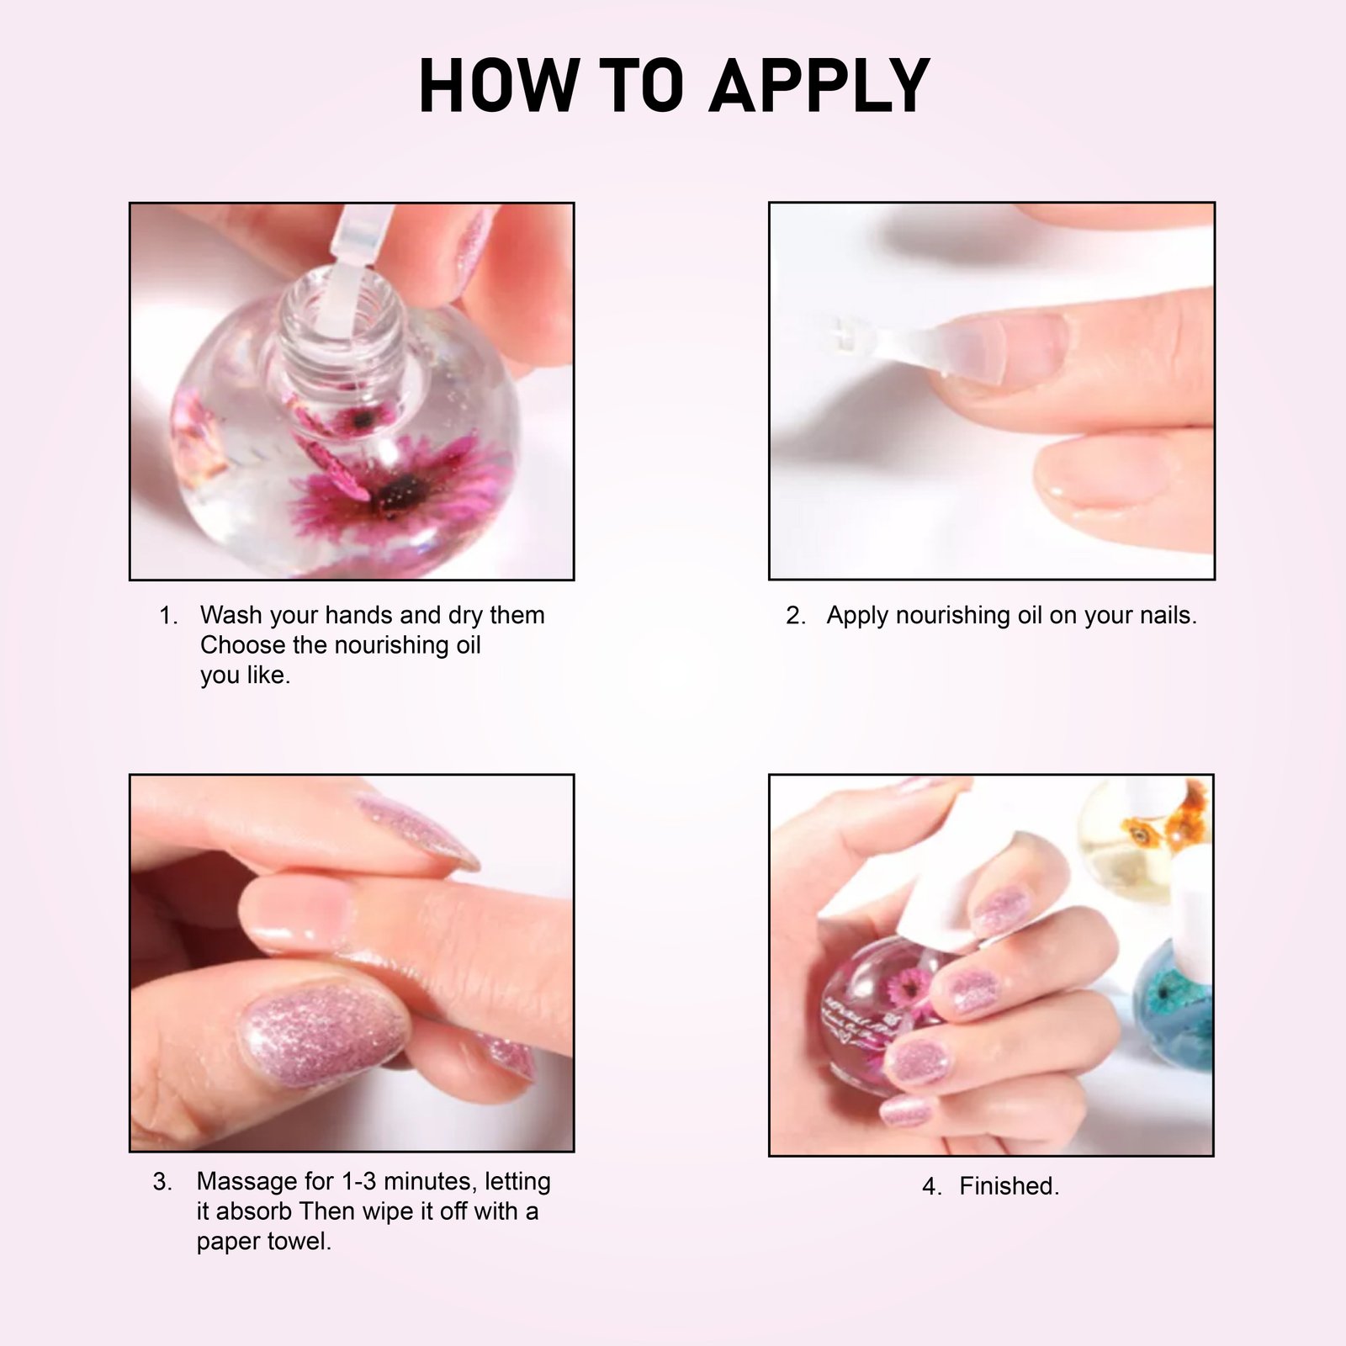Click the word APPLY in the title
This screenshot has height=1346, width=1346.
(819, 86)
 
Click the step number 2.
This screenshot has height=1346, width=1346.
(795, 616)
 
